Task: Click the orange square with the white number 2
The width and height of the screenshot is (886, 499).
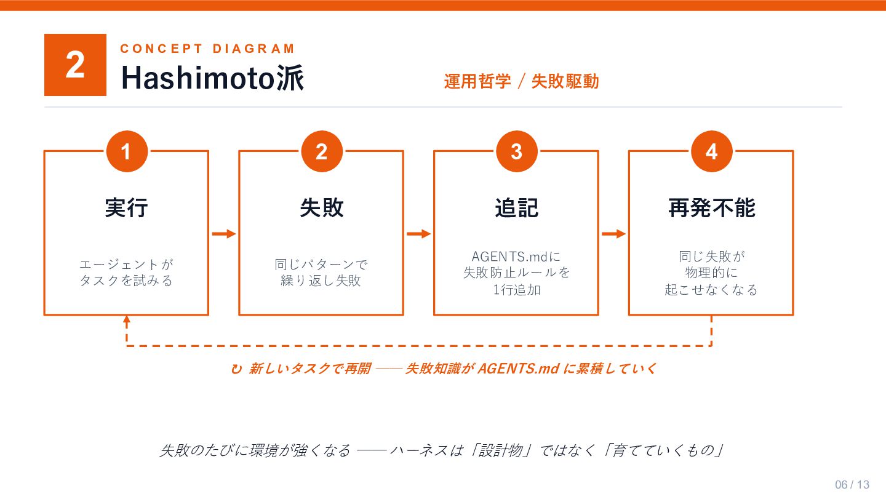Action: pyautogui.click(x=75, y=65)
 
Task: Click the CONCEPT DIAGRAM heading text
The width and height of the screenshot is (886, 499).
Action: pyautogui.click(x=208, y=49)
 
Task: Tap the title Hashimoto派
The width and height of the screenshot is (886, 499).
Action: pyautogui.click(x=212, y=78)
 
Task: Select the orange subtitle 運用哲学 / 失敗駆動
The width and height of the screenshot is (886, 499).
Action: pyautogui.click(x=521, y=81)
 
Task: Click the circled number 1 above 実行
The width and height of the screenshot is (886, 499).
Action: pyautogui.click(x=127, y=151)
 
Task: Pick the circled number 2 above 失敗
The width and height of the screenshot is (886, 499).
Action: pyautogui.click(x=322, y=151)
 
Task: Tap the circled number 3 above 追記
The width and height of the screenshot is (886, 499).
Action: pyautogui.click(x=517, y=151)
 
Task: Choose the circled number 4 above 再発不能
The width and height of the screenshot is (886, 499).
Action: pyautogui.click(x=712, y=151)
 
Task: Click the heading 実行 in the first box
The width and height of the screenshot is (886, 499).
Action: pyautogui.click(x=127, y=208)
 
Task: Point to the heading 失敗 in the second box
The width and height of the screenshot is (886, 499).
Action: pyautogui.click(x=322, y=208)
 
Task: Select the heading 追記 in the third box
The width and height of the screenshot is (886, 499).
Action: pyautogui.click(x=517, y=208)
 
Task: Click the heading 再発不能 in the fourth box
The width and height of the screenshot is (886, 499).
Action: pyautogui.click(x=711, y=208)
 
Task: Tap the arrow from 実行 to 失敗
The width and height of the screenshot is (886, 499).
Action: pyautogui.click(x=224, y=234)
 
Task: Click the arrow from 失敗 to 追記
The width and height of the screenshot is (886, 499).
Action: pyautogui.click(x=419, y=234)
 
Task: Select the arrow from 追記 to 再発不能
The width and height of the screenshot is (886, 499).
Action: pyautogui.click(x=614, y=234)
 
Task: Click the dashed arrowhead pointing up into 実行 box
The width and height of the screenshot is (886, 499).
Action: pyautogui.click(x=127, y=321)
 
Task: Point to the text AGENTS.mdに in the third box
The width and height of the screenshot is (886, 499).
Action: pyautogui.click(x=516, y=257)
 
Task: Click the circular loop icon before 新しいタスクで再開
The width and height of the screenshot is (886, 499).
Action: pyautogui.click(x=236, y=369)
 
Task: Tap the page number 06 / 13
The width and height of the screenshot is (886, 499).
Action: pyautogui.click(x=852, y=485)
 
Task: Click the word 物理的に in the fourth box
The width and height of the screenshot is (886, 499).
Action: pyautogui.click(x=711, y=273)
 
